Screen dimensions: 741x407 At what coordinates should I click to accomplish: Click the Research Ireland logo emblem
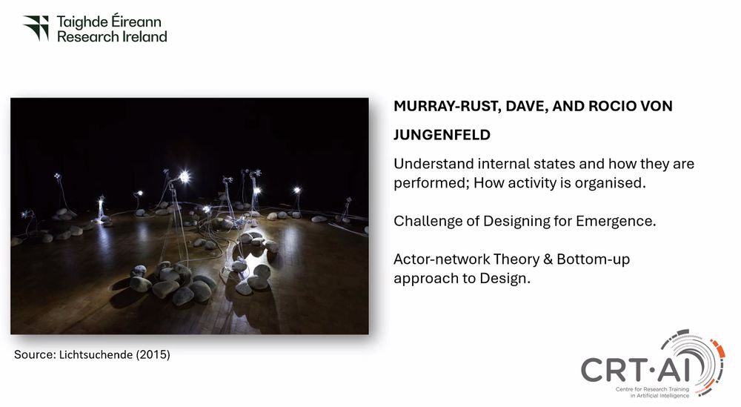[36, 28]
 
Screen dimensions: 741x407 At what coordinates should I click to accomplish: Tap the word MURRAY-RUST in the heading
[447, 106]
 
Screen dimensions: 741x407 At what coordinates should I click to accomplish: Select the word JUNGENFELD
[442, 135]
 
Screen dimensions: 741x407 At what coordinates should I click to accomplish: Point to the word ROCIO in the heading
[612, 106]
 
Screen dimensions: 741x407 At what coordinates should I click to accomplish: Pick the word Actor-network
[442, 259]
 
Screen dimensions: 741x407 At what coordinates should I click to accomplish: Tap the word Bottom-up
[593, 259]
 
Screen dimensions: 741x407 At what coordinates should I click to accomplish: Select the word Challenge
[425, 221]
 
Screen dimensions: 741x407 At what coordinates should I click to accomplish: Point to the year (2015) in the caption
[153, 354]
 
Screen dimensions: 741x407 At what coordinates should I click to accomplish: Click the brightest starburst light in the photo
[184, 176]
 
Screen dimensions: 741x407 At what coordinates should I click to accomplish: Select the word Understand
[433, 164]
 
